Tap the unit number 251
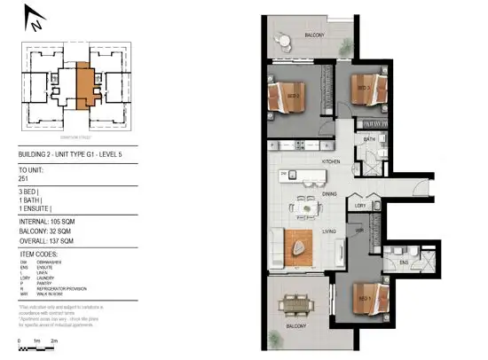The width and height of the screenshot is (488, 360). click(24, 179)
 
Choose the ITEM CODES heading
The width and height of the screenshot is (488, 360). click(38, 254)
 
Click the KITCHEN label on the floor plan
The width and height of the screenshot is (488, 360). click(331, 162)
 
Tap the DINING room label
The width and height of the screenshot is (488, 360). click(329, 193)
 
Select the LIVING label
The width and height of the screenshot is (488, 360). click(329, 231)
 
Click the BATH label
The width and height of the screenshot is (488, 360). click(369, 139)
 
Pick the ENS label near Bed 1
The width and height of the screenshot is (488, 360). click(403, 262)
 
